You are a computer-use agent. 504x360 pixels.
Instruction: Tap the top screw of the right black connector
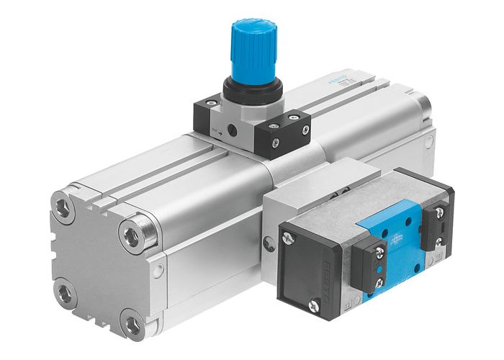[x=441, y=213]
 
